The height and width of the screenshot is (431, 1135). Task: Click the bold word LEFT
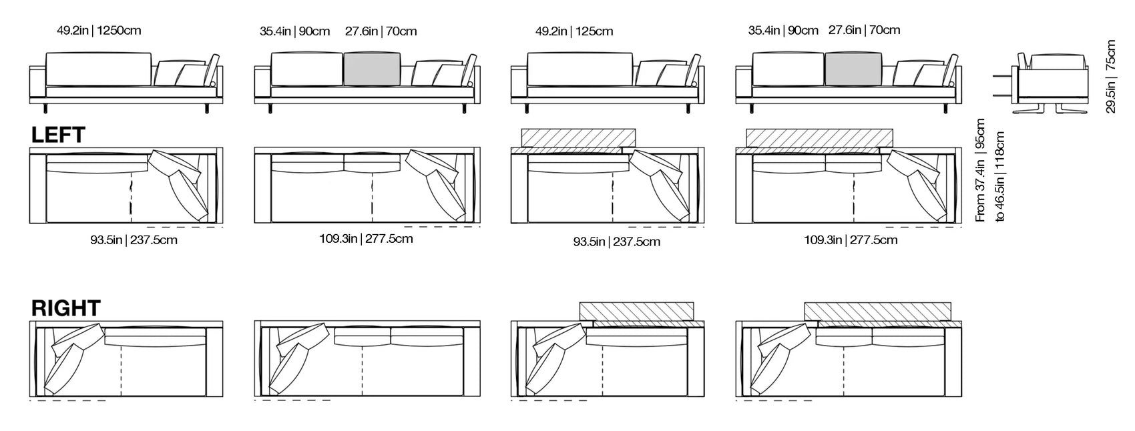click(58, 135)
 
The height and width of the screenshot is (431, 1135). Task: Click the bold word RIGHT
click(65, 308)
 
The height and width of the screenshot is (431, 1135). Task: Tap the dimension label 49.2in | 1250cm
click(99, 30)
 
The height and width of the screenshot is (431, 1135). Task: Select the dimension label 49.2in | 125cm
click(574, 31)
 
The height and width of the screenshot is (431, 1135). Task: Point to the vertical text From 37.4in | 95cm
click(980, 170)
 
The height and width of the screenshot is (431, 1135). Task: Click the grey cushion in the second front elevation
click(372, 69)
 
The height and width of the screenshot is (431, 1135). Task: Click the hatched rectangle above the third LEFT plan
click(578, 138)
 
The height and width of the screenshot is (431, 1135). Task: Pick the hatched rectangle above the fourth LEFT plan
click(819, 137)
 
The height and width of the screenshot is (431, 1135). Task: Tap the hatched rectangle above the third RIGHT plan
click(637, 311)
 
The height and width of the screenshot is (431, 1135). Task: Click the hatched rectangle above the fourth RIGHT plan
click(877, 311)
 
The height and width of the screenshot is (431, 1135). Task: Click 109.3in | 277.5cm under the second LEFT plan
click(366, 238)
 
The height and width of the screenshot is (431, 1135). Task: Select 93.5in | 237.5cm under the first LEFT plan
click(134, 240)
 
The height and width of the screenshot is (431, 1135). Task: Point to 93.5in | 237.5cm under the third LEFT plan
click(616, 242)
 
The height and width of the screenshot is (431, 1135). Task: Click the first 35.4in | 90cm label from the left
click(294, 31)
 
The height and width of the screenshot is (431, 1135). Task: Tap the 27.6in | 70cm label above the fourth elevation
click(864, 30)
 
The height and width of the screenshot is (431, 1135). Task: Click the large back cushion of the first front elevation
click(98, 69)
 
